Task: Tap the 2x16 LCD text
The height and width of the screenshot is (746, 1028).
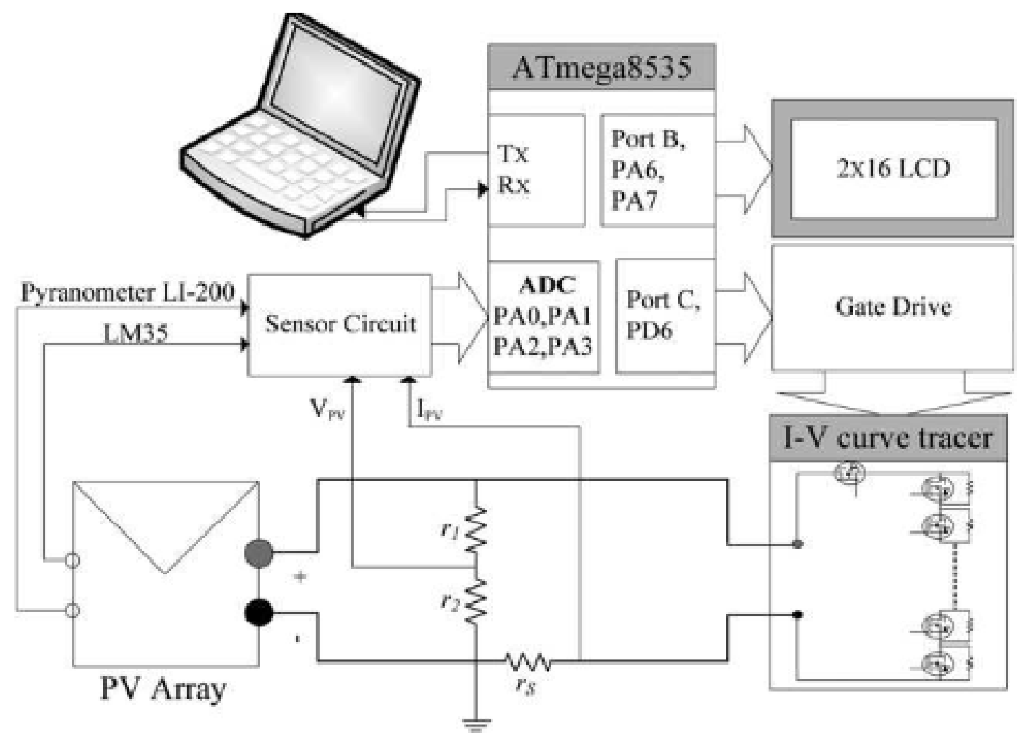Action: (893, 169)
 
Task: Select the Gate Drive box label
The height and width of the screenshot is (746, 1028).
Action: (893, 307)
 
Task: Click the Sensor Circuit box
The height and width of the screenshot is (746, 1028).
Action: (340, 324)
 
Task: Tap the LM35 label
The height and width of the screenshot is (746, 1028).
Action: (135, 333)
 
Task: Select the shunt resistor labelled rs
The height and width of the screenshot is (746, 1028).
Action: (528, 663)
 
